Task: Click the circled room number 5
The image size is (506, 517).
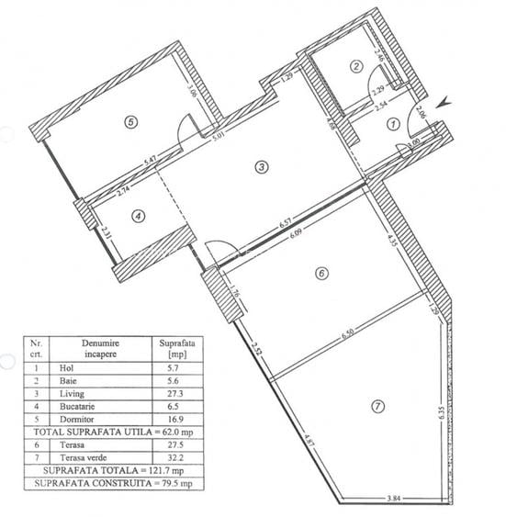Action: coord(131,120)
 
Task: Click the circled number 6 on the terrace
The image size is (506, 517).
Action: coord(320,273)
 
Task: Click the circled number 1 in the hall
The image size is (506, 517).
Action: coord(392,123)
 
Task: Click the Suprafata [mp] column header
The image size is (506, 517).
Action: coord(173,347)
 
